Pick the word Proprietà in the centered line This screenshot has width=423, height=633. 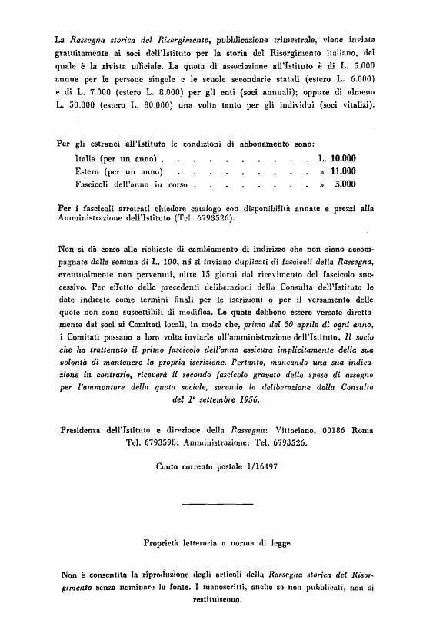pos(167,542)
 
